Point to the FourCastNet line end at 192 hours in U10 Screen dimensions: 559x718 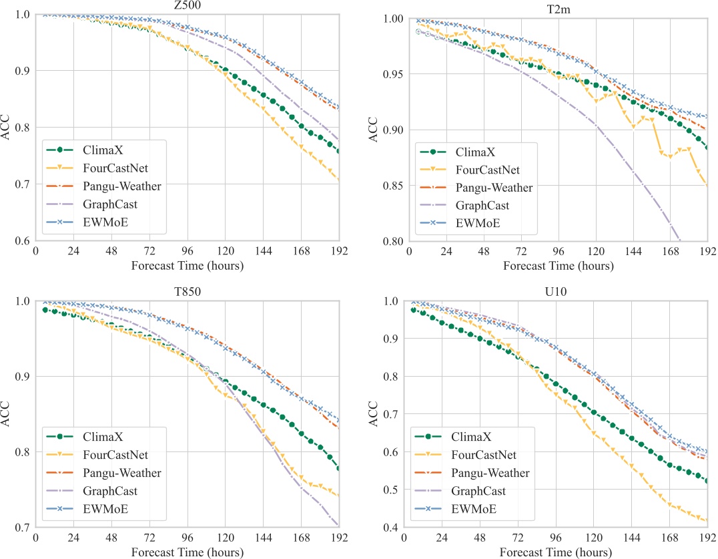(x=707, y=521)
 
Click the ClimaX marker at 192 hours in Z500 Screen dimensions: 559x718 (x=339, y=152)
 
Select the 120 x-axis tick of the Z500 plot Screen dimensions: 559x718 (x=225, y=253)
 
